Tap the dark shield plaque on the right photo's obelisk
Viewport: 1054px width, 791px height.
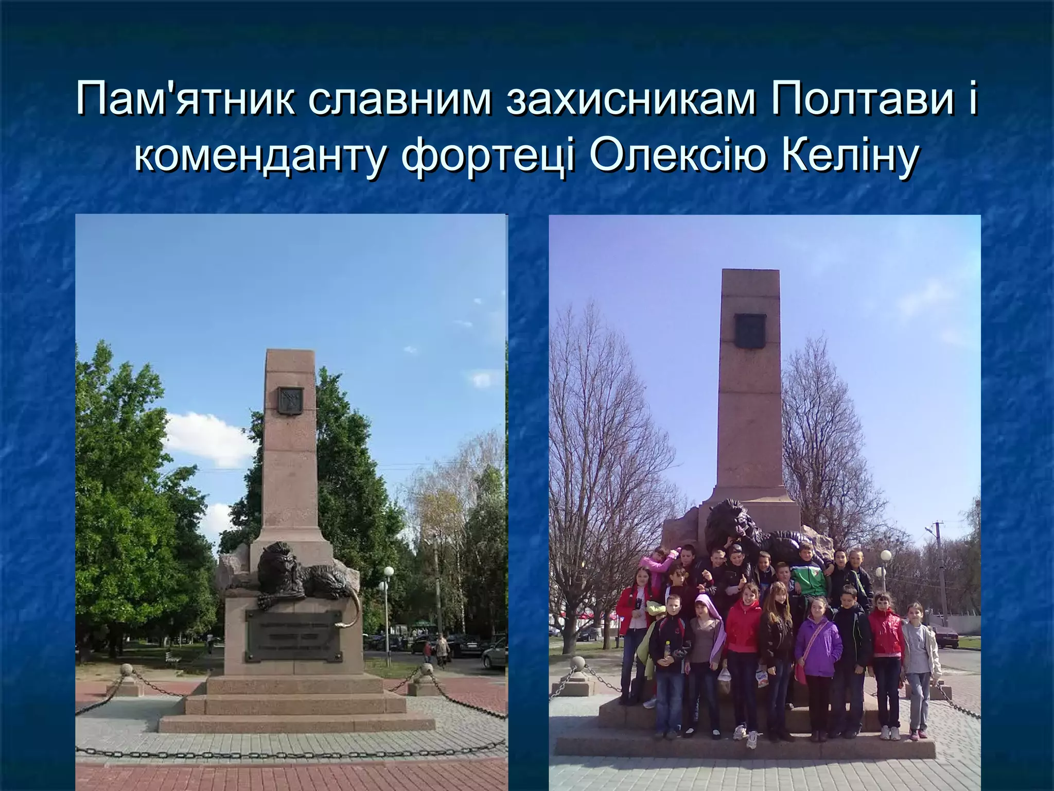click(750, 330)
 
